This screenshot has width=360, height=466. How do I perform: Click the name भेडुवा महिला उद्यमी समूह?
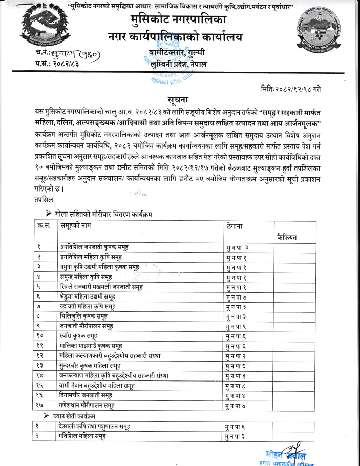click(87, 296)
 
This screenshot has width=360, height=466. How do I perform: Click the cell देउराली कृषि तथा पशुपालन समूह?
click(94, 426)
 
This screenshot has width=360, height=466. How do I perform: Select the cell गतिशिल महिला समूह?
click(82, 435)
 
